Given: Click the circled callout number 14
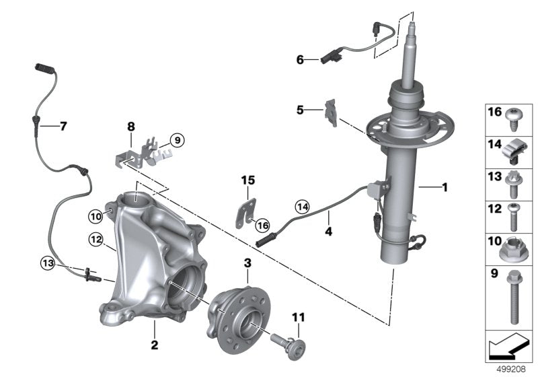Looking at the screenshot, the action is (x=302, y=207).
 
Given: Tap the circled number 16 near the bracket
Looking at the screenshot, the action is (x=262, y=226).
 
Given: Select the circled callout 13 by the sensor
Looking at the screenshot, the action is (x=48, y=263).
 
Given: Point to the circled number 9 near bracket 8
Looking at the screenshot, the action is (x=177, y=140).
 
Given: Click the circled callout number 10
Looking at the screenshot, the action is (x=95, y=217).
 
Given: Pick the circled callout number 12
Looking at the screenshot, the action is (x=95, y=239).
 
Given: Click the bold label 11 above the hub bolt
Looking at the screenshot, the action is (x=298, y=317).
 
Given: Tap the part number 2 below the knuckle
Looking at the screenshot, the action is (x=155, y=345).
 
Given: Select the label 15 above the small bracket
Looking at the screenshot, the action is (x=248, y=180).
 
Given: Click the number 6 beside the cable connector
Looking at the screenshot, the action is (x=300, y=60).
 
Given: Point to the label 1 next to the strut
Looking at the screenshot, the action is (x=445, y=187).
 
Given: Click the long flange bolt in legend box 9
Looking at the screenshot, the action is (x=514, y=298).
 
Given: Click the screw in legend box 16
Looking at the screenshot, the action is (x=513, y=118).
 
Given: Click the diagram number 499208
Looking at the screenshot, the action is (x=511, y=370).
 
